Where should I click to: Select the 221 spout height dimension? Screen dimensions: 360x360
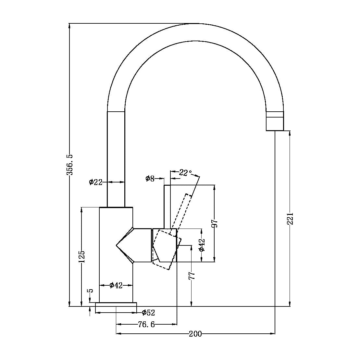pyautogui.click(x=290, y=218)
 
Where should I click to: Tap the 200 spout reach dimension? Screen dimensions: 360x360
pyautogui.click(x=195, y=334)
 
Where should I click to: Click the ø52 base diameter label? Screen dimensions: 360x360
pyautogui.click(x=148, y=313)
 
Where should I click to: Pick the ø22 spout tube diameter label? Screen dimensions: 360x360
pyautogui.click(x=96, y=182)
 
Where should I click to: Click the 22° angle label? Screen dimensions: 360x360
pyautogui.click(x=185, y=173)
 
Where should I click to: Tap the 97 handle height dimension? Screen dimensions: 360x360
pyautogui.click(x=215, y=224)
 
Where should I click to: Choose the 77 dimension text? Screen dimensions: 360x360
pyautogui.click(x=192, y=276)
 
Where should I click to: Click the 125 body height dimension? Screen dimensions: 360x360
pyautogui.click(x=81, y=256)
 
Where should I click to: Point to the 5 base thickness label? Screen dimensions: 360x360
pyautogui.click(x=91, y=291)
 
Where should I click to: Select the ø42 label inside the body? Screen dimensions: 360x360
pyautogui.click(x=116, y=285)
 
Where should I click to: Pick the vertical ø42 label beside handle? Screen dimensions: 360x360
pyautogui.click(x=202, y=245)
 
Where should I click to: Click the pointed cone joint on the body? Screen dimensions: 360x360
pyautogui.click(x=123, y=245)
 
